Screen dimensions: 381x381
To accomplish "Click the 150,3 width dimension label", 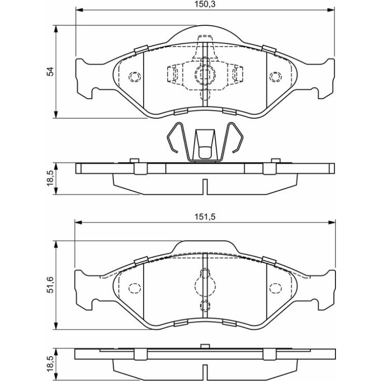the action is pos(205,4).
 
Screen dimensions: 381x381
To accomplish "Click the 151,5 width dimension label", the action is pos(205,217).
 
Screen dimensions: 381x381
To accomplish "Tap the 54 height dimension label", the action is pos(50,72).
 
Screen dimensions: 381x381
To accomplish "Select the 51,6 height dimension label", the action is pos(50,285).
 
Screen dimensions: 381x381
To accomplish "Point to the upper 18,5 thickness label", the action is pos(50,178).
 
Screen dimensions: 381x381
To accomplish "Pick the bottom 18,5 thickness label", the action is pos(50,364).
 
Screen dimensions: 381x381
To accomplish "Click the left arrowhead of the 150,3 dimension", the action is pos(80,10).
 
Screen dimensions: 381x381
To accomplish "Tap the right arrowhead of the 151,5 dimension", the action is pos(332,222).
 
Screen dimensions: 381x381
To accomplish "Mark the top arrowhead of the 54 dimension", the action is pos(56,29).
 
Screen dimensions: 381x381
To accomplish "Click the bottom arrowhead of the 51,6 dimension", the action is pos(56,326).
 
